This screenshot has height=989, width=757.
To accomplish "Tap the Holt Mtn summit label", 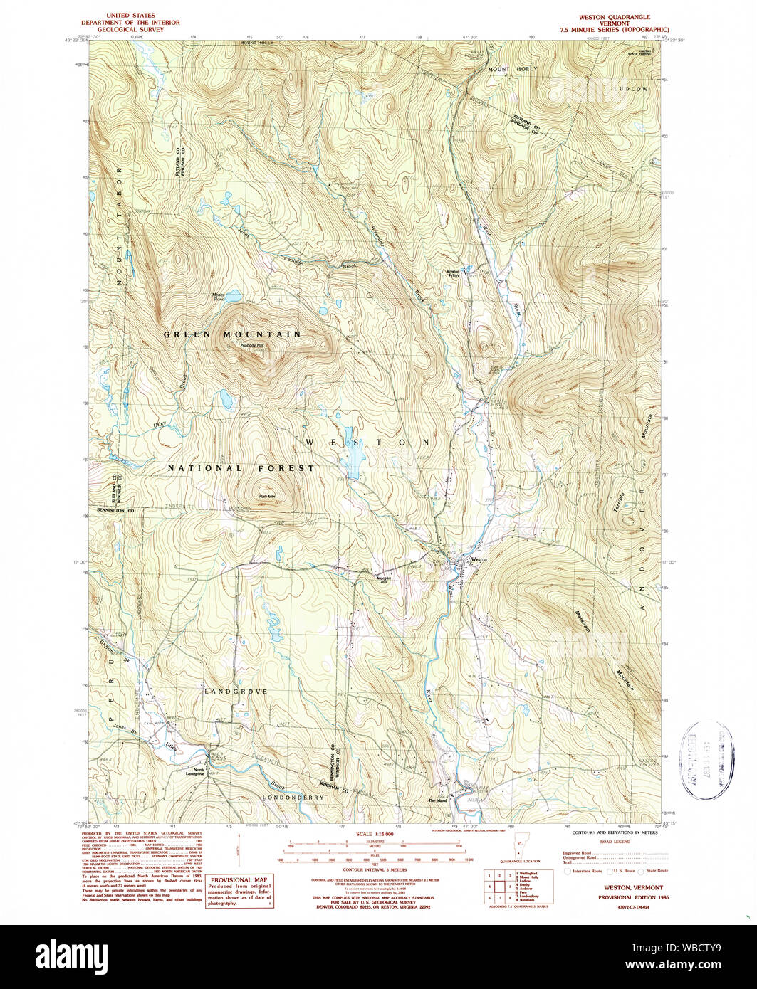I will (266, 497).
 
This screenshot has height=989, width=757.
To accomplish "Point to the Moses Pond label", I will (218, 297).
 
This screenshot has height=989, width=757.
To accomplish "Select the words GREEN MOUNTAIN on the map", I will (232, 334).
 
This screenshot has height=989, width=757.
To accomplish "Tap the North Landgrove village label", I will (194, 772).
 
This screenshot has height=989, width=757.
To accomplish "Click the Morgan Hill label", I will (385, 578).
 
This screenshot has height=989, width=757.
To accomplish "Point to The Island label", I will (437, 800).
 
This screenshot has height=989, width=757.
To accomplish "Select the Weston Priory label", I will (453, 273).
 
